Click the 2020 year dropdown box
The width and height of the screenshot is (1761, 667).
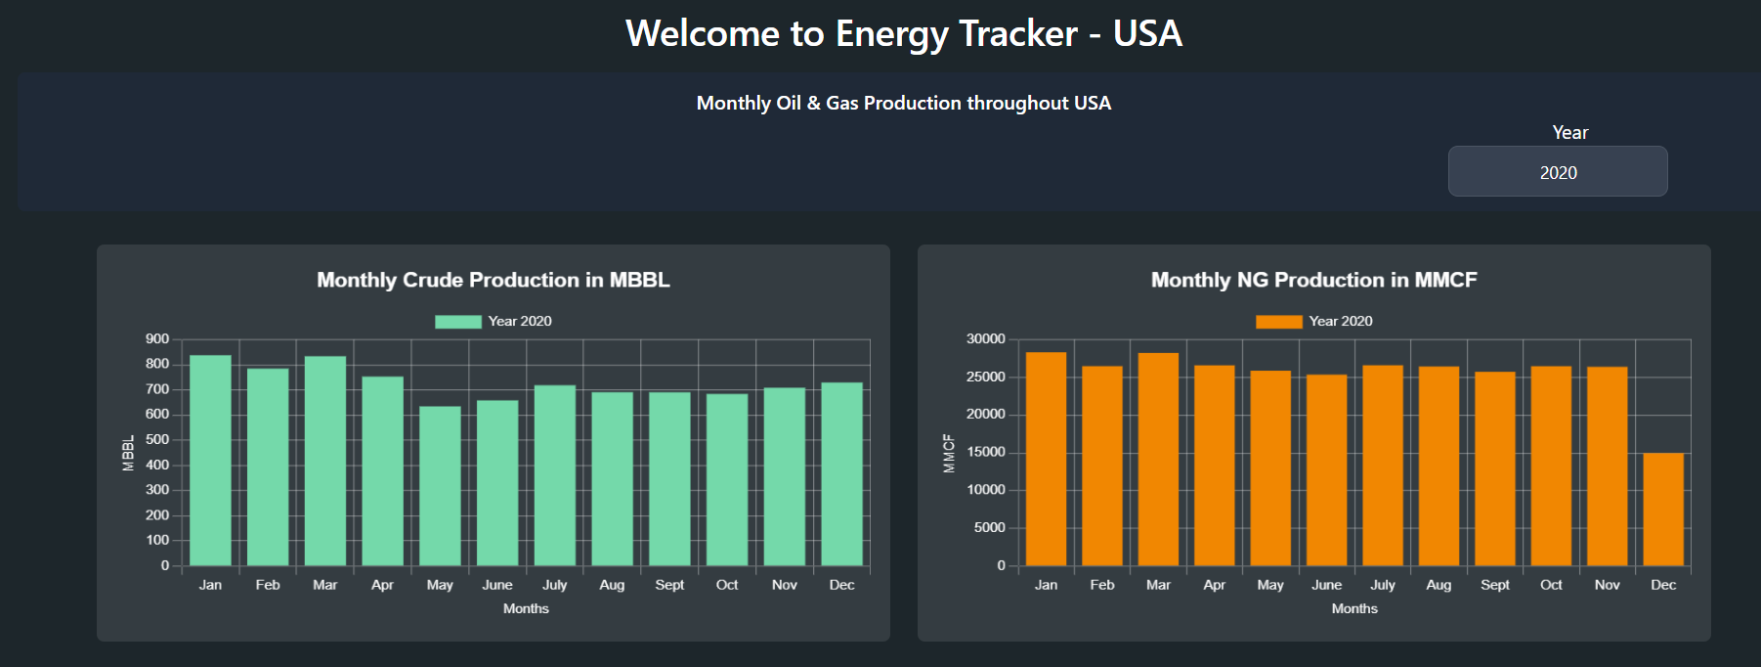pos(1557,172)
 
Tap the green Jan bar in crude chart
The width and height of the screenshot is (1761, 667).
pos(210,460)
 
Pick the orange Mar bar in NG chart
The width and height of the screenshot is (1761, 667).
pos(1158,460)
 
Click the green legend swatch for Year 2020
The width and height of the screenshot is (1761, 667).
pos(457,322)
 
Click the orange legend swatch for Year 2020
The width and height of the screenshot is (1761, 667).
pos(1278,322)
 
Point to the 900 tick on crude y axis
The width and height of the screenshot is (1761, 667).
pos(157,339)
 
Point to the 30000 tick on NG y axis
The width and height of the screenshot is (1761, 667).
pos(985,339)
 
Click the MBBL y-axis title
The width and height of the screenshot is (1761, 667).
pos(128,453)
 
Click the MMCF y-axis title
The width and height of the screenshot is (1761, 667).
pos(949,453)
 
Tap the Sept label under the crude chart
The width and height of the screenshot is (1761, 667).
pos(669,585)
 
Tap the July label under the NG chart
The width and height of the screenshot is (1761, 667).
pos(1382,585)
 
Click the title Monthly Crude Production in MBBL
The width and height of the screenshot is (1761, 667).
pos(493,280)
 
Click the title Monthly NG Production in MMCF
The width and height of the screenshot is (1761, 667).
pos(1313,280)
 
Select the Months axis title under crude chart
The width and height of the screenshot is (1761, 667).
pos(526,608)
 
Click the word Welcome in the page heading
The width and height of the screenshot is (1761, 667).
pos(701,34)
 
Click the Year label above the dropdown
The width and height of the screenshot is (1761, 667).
pos(1569,132)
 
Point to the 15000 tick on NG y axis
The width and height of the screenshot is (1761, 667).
pos(985,452)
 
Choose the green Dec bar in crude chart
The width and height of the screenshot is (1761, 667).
pos(841,474)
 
